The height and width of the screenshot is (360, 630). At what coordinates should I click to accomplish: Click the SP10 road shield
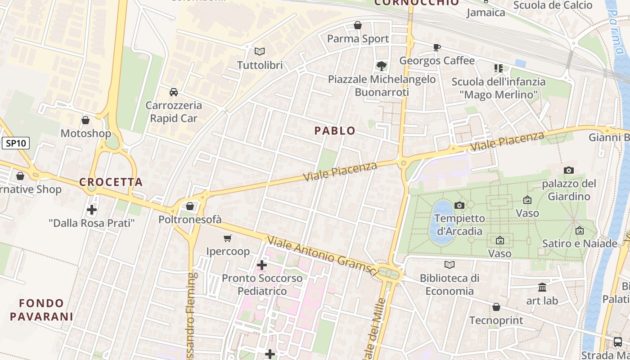16,144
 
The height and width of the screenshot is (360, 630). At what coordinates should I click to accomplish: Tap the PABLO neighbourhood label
335,131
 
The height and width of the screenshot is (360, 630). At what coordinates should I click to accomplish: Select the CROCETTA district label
111,182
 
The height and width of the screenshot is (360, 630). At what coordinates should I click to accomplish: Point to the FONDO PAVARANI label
41,310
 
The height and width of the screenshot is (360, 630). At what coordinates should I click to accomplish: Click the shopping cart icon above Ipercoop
228,238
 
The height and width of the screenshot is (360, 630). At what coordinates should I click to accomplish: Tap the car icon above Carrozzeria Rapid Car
173,92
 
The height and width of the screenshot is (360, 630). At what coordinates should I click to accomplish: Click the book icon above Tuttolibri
260,51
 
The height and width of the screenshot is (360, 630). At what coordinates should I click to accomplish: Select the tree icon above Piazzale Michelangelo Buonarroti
382,66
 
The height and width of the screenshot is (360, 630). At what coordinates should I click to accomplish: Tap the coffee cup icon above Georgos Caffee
436,47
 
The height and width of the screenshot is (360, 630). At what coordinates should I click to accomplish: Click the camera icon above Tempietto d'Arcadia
459,205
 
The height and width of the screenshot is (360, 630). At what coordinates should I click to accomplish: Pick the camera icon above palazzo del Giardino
569,170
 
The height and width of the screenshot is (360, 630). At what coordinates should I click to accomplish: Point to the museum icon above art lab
542,287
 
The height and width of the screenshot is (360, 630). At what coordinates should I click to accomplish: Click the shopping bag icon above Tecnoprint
496,307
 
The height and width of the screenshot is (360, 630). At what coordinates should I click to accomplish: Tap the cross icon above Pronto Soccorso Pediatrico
262,265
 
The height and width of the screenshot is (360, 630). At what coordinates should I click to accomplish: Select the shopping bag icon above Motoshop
85,120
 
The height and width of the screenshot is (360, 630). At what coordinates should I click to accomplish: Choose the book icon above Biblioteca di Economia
449,265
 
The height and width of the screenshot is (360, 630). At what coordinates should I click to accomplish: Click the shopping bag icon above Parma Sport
358,25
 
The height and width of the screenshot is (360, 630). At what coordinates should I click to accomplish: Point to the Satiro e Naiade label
580,243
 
